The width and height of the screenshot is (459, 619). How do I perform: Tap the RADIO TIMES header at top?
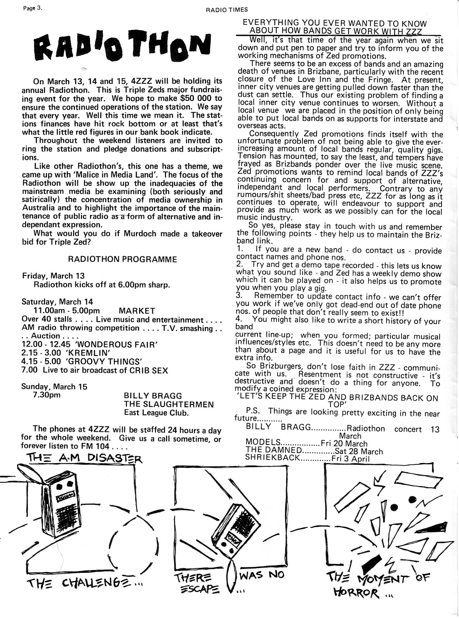[226, 10]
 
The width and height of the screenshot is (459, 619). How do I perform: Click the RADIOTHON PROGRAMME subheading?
[122, 259]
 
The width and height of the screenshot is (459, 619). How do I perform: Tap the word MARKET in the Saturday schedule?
[137, 311]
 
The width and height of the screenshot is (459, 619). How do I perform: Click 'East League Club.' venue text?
[156, 413]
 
